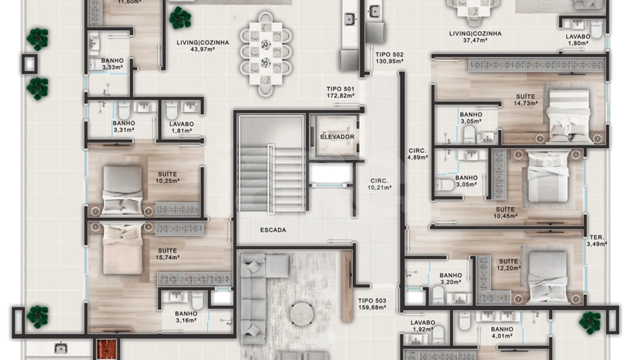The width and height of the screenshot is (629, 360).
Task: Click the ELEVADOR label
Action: (337, 137)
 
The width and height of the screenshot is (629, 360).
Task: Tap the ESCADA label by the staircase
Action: (273, 230)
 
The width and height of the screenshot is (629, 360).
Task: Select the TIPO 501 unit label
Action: (340, 92)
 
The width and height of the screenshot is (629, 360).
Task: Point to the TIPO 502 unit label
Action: (389, 58)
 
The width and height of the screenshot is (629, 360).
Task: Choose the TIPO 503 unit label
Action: (372, 304)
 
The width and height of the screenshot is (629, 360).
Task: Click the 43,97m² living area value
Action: (203, 49)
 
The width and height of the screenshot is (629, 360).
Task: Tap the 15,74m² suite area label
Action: (167, 257)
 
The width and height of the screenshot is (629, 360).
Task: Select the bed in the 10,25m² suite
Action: (123, 190)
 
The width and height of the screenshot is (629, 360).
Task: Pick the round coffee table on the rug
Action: (302, 314)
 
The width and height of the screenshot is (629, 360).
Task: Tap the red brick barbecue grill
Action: (107, 349)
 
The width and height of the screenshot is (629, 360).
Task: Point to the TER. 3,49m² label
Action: (597, 241)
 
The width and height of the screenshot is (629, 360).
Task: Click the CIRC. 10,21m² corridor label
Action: (379, 184)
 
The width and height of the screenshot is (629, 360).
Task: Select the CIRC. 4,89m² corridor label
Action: (417, 154)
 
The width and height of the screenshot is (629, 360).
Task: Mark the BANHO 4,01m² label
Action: (502, 332)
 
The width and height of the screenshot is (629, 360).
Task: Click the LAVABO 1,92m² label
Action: (422, 326)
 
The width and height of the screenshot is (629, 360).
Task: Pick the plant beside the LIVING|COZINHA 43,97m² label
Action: (180, 18)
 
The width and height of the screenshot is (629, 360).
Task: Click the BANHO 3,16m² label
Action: (186, 317)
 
